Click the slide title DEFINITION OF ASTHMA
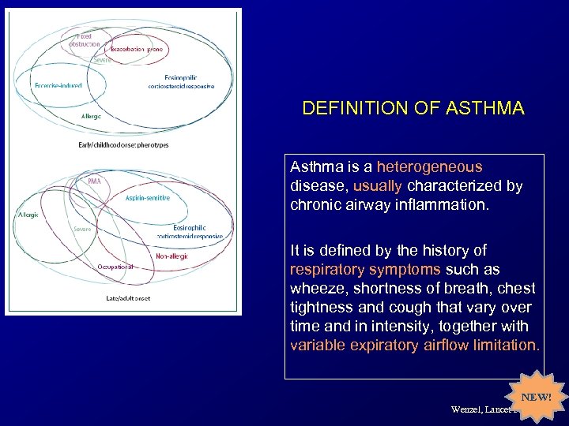[x=413, y=108]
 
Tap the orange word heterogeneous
[x=429, y=167]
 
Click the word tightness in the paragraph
[x=321, y=307]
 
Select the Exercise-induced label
[x=58, y=85]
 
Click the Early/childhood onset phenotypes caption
[x=123, y=145]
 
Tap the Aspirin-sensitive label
[x=147, y=198]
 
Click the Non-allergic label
[x=171, y=256]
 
